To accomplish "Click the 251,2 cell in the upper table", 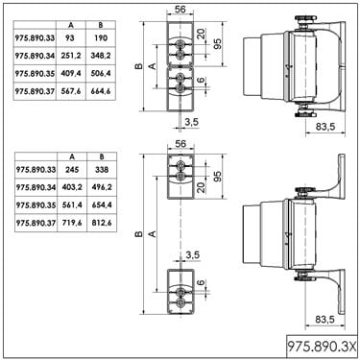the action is click(71, 56).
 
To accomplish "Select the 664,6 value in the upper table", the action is click(101, 91).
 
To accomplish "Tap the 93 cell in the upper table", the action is click(71, 38).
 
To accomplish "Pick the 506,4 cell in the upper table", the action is click(101, 74).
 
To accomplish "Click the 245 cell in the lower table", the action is click(72, 170).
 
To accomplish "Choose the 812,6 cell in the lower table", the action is click(102, 223).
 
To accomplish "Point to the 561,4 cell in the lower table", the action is click(72, 204).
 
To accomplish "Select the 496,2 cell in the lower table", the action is click(102, 187).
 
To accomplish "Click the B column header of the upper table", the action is click(101, 25).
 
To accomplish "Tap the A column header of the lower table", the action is click(72, 156).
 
